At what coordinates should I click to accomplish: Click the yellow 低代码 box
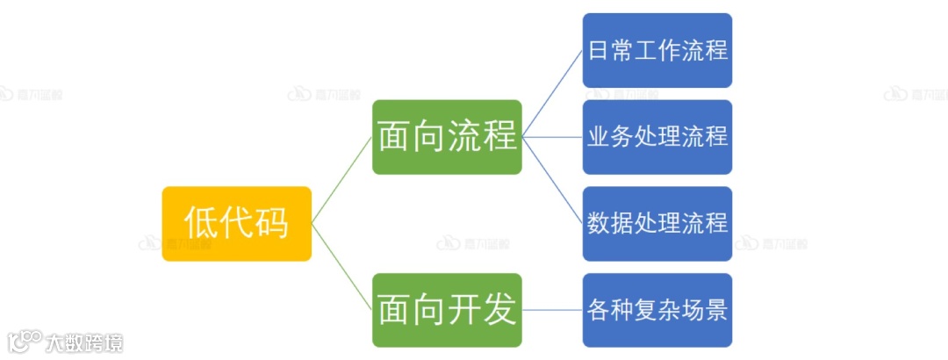click(x=236, y=223)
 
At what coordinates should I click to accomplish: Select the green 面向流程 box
click(x=447, y=136)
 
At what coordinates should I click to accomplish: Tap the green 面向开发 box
click(x=447, y=309)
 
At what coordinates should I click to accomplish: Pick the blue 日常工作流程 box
click(x=657, y=50)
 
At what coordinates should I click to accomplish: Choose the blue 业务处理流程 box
click(x=657, y=136)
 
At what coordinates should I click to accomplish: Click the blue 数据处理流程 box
click(x=657, y=223)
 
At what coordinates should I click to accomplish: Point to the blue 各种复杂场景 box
click(x=657, y=309)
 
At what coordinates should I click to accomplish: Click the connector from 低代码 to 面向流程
click(x=342, y=179)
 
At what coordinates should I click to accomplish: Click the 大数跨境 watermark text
click(x=85, y=342)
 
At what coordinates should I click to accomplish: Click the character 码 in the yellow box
click(x=271, y=223)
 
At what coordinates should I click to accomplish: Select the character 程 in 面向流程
click(x=499, y=136)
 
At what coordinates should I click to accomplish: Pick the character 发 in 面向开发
click(x=499, y=309)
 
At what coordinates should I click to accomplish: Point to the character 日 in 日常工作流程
click(x=597, y=50)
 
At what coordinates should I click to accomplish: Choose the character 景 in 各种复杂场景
click(x=716, y=309)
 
